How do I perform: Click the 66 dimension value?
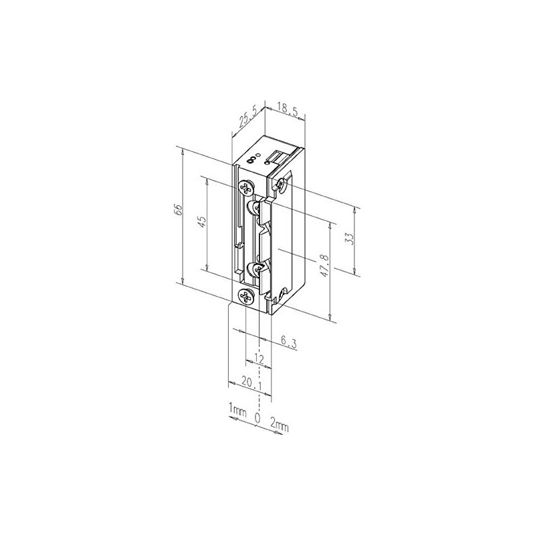pyautogui.click(x=178, y=209)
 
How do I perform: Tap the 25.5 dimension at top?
pyautogui.click(x=244, y=118)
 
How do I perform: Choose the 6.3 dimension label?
pyautogui.click(x=288, y=341)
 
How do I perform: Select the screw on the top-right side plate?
pyautogui.click(x=283, y=183)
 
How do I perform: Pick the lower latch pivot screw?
pyautogui.click(x=256, y=269)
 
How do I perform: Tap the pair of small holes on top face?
pyautogui.click(x=252, y=159)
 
